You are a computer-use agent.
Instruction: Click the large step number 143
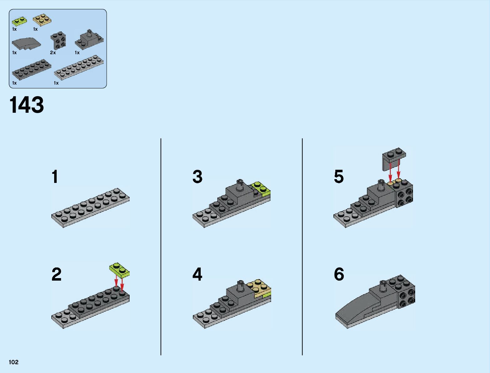click(x=27, y=105)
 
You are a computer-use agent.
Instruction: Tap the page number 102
click(x=14, y=362)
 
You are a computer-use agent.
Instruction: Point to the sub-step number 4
click(x=197, y=274)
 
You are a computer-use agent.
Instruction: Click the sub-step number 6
click(x=339, y=274)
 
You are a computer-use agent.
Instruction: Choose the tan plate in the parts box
click(x=42, y=20)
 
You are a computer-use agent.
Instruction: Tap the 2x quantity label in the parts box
click(x=53, y=53)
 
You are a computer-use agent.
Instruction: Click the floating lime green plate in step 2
click(x=119, y=270)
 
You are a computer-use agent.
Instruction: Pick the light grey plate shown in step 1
click(x=90, y=208)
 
